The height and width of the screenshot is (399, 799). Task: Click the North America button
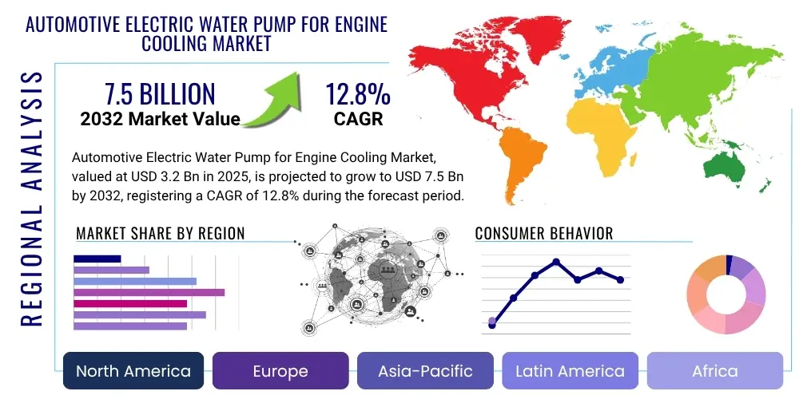pyautogui.click(x=133, y=371)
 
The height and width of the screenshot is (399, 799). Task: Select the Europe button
pyautogui.click(x=280, y=371)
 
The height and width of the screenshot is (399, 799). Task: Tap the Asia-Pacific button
pyautogui.click(x=426, y=371)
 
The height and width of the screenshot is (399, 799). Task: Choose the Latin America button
pyautogui.click(x=570, y=371)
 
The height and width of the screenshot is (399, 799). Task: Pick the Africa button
pyautogui.click(x=714, y=371)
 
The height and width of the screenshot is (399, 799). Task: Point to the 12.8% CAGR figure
pyautogui.click(x=357, y=96)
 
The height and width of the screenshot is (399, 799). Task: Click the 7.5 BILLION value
pyautogui.click(x=160, y=94)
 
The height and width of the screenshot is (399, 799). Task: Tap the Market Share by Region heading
pyautogui.click(x=160, y=233)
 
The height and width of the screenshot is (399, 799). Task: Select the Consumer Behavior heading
pyautogui.click(x=543, y=233)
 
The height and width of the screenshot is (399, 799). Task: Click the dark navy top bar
pyautogui.click(x=97, y=259)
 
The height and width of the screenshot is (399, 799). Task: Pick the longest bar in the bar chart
pyautogui.click(x=149, y=292)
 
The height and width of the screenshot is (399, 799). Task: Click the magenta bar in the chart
pyautogui.click(x=130, y=303)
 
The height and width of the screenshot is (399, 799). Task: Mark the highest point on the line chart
pyautogui.click(x=556, y=262)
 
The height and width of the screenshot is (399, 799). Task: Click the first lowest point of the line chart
pyautogui.click(x=492, y=325)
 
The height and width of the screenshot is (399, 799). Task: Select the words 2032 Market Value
pyautogui.click(x=160, y=119)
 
